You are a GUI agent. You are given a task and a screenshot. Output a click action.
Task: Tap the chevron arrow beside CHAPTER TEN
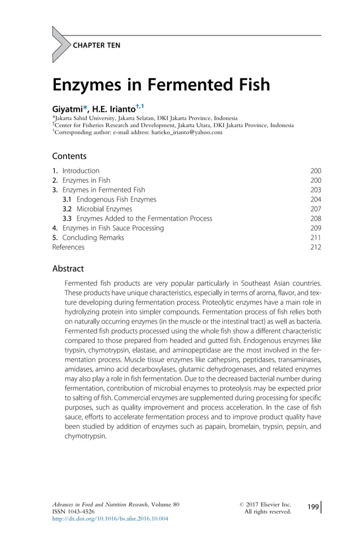point(59,45)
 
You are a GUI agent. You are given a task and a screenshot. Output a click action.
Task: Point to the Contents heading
point(69,156)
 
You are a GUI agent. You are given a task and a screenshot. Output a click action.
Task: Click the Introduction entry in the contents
point(81,170)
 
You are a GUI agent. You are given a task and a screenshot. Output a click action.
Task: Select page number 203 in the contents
point(315,190)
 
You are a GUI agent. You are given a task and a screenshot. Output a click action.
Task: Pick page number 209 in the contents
point(315,228)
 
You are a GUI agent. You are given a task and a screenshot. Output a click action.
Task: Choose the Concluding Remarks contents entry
point(93,238)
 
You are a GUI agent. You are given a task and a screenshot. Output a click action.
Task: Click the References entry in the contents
point(68,247)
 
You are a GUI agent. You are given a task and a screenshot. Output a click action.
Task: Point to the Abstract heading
point(68,269)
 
